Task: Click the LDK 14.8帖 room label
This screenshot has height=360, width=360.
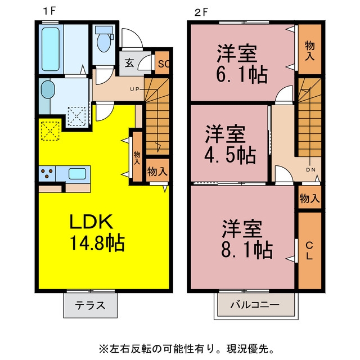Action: tap(97, 232)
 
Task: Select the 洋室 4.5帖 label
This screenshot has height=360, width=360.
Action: tap(230, 144)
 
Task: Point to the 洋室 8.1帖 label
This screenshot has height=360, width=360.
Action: tap(247, 238)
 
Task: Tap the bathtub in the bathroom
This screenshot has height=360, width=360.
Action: tap(50, 49)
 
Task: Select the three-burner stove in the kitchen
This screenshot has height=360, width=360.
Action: tap(47, 173)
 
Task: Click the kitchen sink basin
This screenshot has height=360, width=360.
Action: tap(77, 174)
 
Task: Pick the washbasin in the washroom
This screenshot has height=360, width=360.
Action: tap(48, 89)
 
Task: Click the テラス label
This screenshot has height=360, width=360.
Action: tap(90, 305)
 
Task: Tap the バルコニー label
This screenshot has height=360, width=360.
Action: tap(255, 305)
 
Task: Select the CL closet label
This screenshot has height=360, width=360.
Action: tap(309, 251)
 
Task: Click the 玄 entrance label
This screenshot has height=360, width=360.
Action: tap(129, 63)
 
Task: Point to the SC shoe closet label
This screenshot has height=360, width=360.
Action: tap(163, 64)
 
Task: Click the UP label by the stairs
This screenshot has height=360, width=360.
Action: tap(135, 89)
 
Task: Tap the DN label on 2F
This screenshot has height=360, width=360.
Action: tap(310, 170)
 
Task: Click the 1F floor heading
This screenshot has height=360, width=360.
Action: tap(49, 11)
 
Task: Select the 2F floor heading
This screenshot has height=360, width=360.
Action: tap(201, 12)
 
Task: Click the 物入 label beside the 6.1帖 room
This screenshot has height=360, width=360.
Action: tap(309, 51)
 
